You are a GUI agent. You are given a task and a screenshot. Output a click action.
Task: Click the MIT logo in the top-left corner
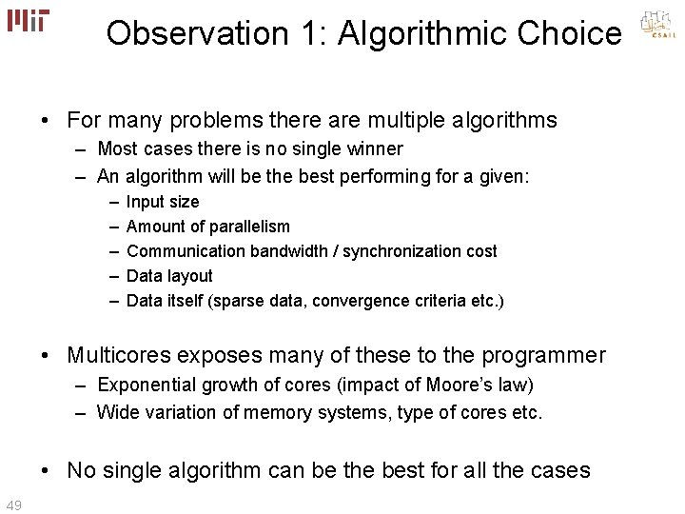(x=28, y=20)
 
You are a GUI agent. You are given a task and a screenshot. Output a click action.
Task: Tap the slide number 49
(x=14, y=504)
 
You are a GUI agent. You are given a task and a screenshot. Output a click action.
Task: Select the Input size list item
(x=163, y=202)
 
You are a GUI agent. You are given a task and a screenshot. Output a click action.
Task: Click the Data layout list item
(x=169, y=276)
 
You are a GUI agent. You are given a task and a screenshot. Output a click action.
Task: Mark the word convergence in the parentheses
(x=367, y=301)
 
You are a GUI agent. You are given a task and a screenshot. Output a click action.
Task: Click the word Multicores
(x=116, y=356)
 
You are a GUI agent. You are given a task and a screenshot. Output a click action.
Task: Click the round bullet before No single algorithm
(x=47, y=470)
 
